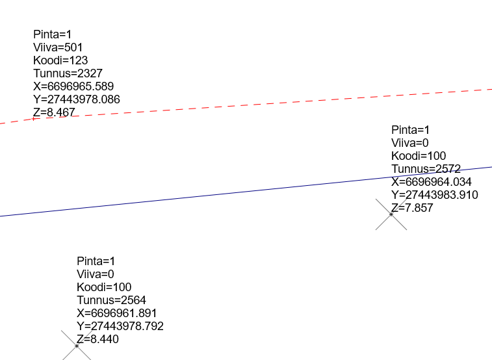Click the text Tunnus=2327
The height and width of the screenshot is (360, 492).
(68, 73)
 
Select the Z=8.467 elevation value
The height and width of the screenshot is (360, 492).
(54, 112)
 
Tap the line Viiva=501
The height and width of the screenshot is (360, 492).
(58, 47)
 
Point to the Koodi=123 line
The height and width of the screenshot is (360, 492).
(60, 60)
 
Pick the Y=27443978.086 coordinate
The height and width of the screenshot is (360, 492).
(77, 99)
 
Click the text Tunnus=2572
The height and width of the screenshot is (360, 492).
(426, 169)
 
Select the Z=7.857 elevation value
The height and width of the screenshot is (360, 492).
(412, 208)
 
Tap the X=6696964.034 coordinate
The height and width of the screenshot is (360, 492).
(432, 182)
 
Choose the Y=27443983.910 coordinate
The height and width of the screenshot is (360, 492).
(435, 195)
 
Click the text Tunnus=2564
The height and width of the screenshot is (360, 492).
(111, 300)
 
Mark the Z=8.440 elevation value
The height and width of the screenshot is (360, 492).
(97, 339)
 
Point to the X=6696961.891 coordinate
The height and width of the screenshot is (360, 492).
(117, 313)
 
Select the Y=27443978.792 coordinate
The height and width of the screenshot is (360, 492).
(120, 326)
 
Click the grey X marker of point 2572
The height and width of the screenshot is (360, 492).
(391, 214)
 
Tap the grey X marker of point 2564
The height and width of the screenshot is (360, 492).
(77, 346)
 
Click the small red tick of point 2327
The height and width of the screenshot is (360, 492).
(34, 120)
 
